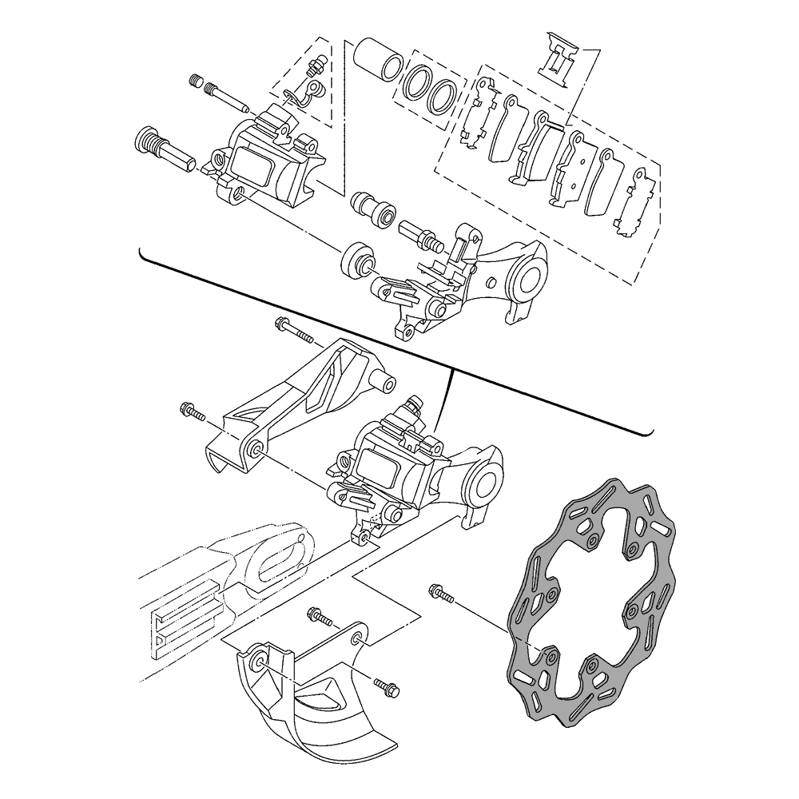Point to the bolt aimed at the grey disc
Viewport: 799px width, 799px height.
(440, 594)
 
